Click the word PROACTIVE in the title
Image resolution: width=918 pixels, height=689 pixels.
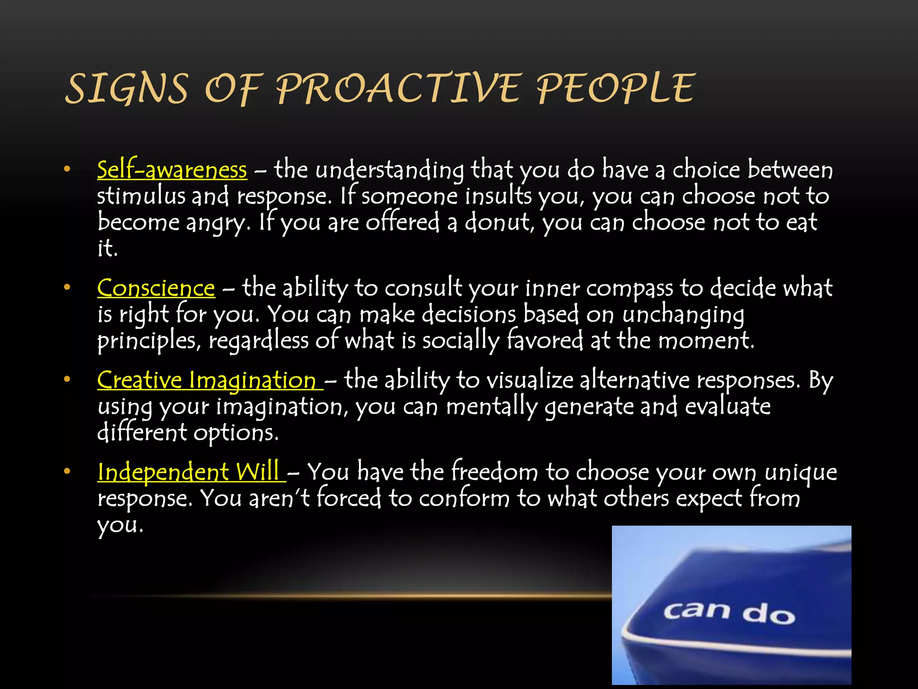pos(398,88)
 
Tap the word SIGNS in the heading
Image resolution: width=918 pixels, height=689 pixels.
pos(126,88)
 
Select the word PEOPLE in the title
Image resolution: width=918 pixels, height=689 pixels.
pos(615,88)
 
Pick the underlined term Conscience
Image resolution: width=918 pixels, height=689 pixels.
pos(156,288)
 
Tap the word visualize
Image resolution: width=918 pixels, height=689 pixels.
pos(529,381)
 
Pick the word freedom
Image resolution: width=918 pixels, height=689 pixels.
pos(494,473)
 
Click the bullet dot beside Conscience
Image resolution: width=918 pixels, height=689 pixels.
pos(67,288)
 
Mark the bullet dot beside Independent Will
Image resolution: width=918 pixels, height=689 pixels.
pos(67,471)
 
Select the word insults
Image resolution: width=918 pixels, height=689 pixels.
pos(498,196)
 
